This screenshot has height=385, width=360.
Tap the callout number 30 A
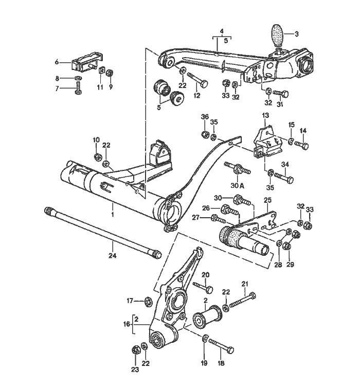237,186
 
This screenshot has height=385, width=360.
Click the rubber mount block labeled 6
87,61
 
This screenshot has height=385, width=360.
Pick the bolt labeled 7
79,89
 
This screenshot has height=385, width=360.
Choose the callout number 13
265,115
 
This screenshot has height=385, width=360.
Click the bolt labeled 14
301,145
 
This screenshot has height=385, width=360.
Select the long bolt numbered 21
242,300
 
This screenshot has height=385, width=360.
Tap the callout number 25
268,200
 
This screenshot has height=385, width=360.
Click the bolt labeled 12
197,79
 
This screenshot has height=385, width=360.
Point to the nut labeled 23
135,349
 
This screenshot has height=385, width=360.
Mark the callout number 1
113,214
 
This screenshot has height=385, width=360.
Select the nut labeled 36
204,134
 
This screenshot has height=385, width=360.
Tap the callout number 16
127,324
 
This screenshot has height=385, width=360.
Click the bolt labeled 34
284,178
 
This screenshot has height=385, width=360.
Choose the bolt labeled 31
280,94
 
